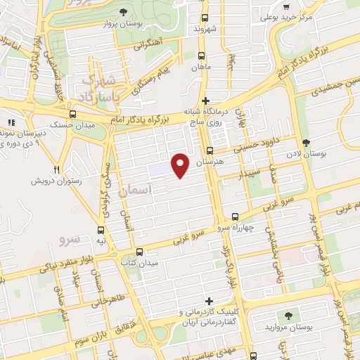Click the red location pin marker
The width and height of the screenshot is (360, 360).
tap(181, 165)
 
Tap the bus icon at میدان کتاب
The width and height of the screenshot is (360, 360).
tap(139, 251)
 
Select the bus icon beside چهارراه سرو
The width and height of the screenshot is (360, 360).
tap(235, 217)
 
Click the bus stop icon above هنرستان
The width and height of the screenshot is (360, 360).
tap(210, 150)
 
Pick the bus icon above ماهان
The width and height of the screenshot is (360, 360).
tap(202, 56)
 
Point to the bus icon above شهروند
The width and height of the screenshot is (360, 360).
tap(205, 18)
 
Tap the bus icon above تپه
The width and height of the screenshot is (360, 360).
tap(101, 229)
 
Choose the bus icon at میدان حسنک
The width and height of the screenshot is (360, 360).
tap(72, 114)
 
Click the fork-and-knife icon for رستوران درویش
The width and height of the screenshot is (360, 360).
tap(57, 170)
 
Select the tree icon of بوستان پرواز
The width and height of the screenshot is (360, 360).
tap(124, 12)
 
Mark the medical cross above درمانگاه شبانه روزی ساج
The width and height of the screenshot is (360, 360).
tap(205, 101)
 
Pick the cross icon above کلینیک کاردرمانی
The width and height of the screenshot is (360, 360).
tap(209, 301)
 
